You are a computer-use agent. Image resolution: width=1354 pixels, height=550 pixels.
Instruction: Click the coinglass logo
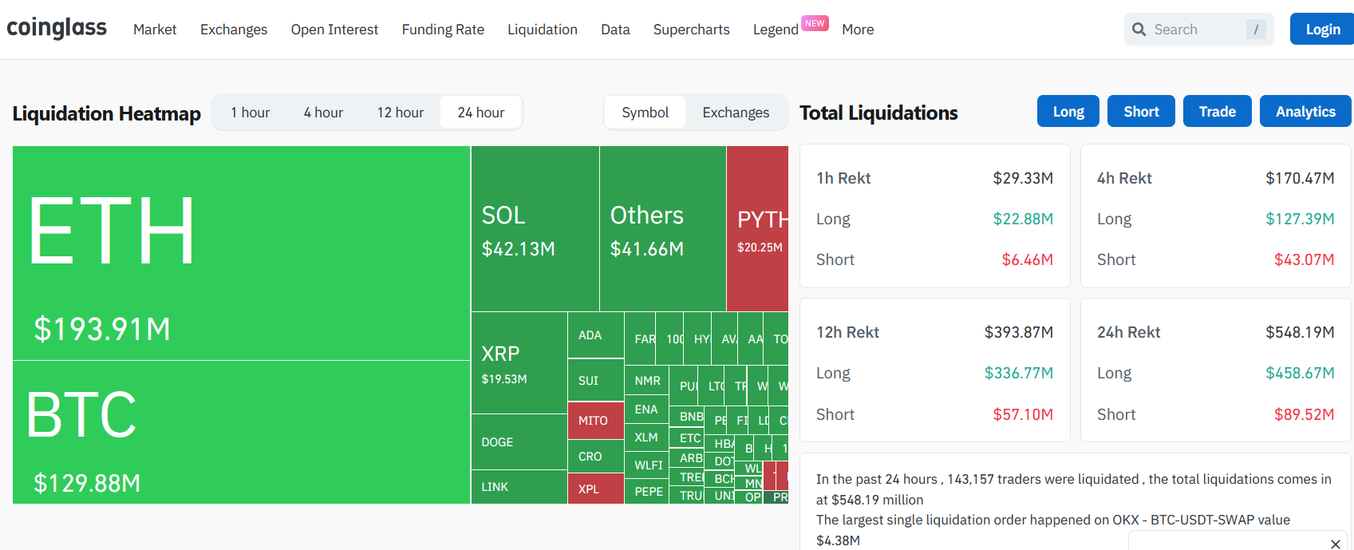click(x=57, y=28)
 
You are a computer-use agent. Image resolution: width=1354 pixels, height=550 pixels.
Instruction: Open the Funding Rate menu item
click(x=443, y=30)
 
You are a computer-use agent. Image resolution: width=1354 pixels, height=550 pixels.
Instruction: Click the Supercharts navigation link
click(x=691, y=30)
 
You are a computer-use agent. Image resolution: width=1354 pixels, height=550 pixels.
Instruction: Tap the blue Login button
click(x=1322, y=30)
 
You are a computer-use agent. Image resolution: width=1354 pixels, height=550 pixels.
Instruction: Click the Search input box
click(x=1197, y=30)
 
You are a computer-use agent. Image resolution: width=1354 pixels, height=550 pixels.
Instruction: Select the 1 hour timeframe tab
click(x=251, y=113)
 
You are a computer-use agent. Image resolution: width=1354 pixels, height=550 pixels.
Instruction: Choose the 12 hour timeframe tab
click(x=401, y=113)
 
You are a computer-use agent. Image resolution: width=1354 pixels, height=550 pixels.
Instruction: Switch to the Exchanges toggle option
click(x=736, y=113)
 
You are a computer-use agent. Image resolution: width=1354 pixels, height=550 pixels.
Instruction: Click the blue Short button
click(x=1141, y=112)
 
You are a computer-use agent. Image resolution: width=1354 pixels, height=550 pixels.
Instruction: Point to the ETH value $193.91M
click(x=102, y=329)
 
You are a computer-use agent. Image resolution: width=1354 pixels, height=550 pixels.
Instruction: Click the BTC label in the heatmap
click(x=81, y=415)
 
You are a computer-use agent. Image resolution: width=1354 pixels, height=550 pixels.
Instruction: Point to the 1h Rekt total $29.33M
click(x=1023, y=178)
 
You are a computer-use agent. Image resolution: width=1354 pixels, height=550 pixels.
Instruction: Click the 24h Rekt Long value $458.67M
click(x=1300, y=373)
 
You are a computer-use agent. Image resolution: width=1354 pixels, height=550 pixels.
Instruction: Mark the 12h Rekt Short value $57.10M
click(x=1023, y=414)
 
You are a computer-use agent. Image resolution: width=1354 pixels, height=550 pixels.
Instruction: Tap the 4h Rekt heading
click(x=1124, y=178)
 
